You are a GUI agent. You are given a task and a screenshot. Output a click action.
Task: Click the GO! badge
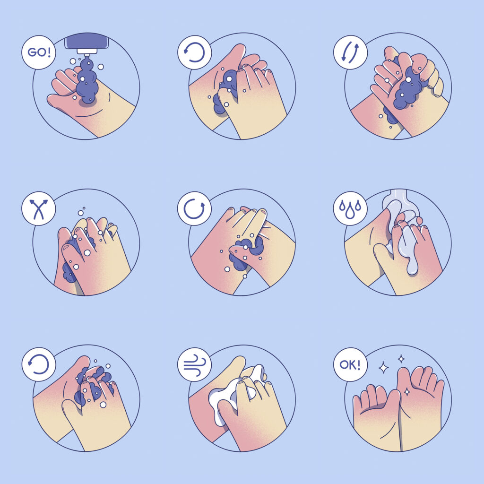point(39,52)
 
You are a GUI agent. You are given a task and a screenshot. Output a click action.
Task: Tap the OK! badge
point(350,364)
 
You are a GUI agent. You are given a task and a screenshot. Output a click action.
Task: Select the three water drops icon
point(350,208)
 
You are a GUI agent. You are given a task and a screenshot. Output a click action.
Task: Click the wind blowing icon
point(194,365)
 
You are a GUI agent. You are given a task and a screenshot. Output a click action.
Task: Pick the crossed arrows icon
point(39,209)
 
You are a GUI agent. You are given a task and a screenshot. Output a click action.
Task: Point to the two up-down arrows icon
point(350,52)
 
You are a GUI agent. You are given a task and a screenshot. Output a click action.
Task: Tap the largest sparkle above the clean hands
point(384,367)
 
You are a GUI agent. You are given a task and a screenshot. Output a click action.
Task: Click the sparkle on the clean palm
point(407,392)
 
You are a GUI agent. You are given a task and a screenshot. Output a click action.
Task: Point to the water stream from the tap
point(401,234)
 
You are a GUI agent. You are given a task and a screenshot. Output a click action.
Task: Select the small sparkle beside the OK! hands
point(401,359)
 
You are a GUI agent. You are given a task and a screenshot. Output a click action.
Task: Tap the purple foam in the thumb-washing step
point(247,250)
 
